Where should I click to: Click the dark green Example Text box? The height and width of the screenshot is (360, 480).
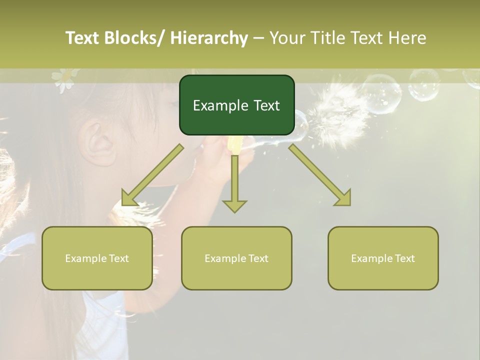[236, 105]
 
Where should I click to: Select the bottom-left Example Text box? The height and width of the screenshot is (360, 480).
[97, 258]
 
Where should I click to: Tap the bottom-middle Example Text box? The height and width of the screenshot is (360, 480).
[236, 258]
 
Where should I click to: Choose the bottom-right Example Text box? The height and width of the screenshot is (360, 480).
[383, 258]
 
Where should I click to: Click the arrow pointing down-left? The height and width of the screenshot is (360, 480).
[152, 175]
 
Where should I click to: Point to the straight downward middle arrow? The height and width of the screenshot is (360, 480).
[234, 180]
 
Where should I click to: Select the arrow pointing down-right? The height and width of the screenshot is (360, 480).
[320, 175]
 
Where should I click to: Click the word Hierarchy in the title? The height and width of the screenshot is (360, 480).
[208, 38]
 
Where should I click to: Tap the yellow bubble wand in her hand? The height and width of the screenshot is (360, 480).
[234, 145]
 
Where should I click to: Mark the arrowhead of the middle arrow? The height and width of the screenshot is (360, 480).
[234, 206]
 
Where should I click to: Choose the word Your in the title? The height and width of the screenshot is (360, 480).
[287, 38]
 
